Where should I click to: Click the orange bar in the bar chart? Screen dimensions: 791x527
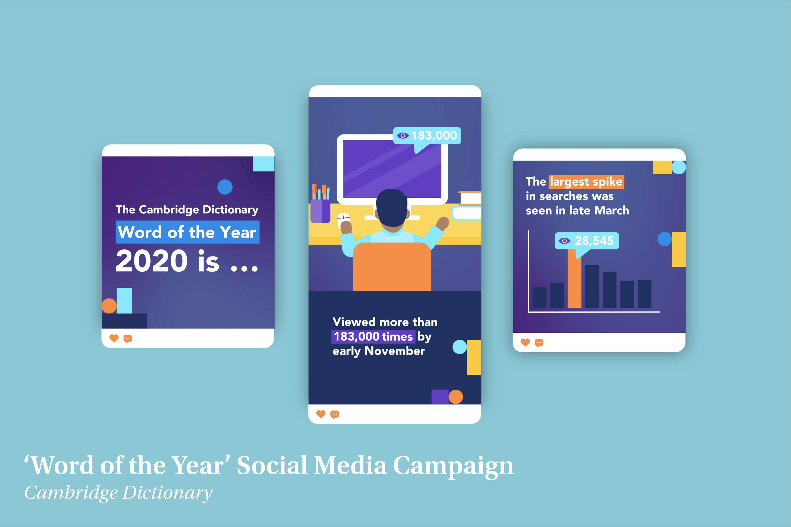pos(575,278)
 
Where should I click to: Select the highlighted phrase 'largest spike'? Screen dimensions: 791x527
pos(586,182)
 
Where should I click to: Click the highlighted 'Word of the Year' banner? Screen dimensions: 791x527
pos(187,232)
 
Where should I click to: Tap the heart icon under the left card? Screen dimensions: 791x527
pos(114,338)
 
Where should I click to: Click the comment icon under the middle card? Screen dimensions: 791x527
pos(335,414)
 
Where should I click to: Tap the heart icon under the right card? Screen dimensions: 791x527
pos(525,343)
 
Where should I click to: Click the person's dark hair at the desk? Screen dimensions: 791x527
pos(392,207)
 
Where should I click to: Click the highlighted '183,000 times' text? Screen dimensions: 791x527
pos(373,336)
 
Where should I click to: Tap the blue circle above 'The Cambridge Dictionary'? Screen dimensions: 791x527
pos(225,187)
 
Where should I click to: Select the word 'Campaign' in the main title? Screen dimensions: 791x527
pos(453,466)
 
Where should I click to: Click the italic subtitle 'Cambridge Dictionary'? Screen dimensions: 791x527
pos(118,493)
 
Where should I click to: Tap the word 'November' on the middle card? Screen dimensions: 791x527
pos(395,351)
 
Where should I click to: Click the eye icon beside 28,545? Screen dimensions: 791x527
pos(564,241)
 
